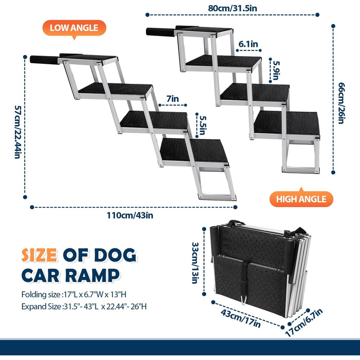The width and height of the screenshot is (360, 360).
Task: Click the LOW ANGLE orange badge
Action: pos(74,28)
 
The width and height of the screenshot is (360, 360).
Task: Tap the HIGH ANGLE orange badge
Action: pos(301,199)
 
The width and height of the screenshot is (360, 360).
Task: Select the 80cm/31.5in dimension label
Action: pos(232,8)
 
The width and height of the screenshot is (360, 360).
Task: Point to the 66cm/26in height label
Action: pos(341,103)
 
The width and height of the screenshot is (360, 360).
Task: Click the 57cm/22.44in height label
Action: pos(18,132)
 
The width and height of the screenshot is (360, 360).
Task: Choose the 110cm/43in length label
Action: pos(130,215)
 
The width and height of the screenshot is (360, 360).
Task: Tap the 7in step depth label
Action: pos(172,99)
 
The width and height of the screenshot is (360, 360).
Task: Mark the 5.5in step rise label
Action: pos(203,125)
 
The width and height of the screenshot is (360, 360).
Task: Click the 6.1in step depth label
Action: pos(248,44)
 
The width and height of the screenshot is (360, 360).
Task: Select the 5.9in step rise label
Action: pos(276,70)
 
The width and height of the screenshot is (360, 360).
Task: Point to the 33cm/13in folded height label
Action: pos(195,263)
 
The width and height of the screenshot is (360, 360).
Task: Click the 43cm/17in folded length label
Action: pos(241,319)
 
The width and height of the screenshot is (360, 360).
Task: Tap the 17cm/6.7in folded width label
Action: pos(304,322)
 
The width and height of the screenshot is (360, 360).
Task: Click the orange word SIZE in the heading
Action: pos(39,255)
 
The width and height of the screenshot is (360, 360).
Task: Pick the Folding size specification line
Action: pos(74,294)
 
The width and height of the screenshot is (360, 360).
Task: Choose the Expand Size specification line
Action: pos(84,307)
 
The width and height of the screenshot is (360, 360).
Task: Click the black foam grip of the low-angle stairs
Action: pos(44,60)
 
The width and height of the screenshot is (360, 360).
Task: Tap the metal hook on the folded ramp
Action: pos(244,300)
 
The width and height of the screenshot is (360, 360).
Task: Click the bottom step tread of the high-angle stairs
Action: pos(287,123)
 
